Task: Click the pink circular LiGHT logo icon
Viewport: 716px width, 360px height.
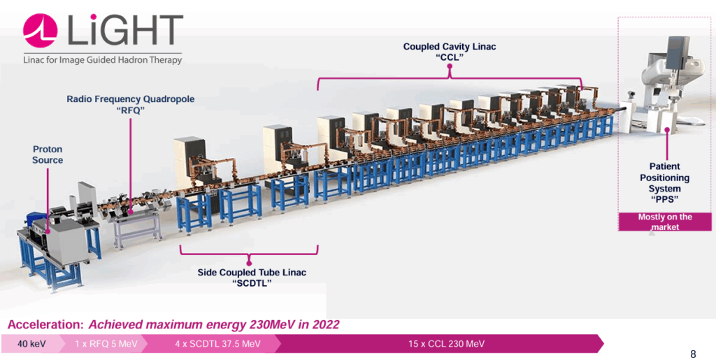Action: (40, 31)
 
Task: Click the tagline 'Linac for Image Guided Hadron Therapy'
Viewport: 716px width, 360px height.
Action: (102, 60)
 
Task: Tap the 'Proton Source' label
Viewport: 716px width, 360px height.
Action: (48, 155)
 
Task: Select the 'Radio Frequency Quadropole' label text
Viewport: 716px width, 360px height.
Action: (130, 99)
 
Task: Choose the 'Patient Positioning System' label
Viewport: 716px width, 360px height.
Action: (665, 178)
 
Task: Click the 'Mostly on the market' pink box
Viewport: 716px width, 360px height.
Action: (665, 222)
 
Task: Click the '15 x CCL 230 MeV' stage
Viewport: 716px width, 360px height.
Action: (446, 344)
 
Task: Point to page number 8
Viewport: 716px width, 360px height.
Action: (692, 353)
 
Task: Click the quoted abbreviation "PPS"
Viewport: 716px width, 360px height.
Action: (665, 199)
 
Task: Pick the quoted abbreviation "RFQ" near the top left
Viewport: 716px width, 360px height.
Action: (130, 110)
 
